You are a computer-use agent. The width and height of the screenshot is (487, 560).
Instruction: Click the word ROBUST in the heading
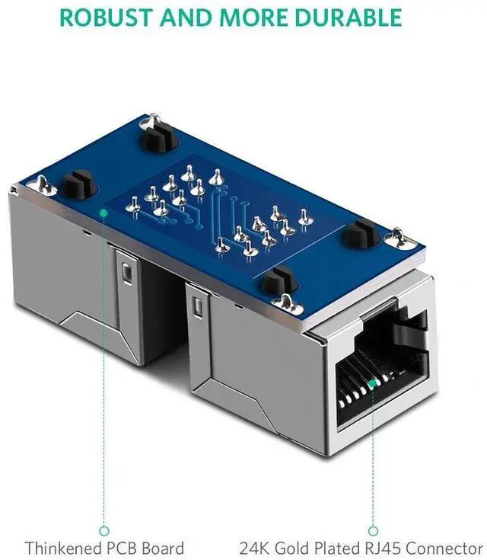tap(106, 17)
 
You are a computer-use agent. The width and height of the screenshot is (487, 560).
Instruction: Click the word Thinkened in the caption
tap(63, 548)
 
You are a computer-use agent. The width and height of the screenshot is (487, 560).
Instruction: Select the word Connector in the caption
tap(444, 548)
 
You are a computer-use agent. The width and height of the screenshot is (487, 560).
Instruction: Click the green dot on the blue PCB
tap(103, 213)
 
